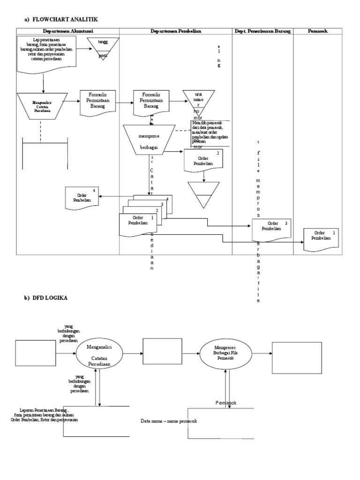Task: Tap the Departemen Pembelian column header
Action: point(176,31)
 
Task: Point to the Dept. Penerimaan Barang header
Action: point(262,31)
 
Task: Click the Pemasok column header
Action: point(318,31)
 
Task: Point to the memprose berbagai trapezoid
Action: point(149,139)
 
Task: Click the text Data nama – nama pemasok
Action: point(169,421)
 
